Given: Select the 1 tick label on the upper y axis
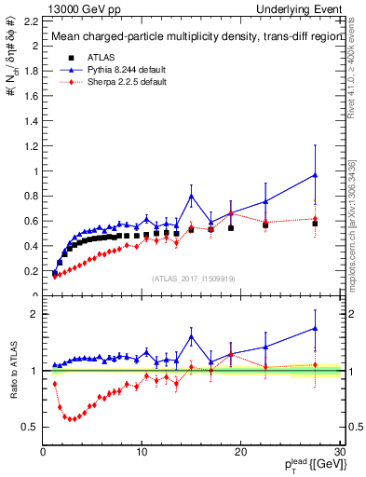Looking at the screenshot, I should pyautogui.click(x=34, y=170).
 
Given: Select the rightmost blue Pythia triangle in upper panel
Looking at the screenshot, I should pyautogui.click(x=315, y=175).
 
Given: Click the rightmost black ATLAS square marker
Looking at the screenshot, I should pyautogui.click(x=315, y=224).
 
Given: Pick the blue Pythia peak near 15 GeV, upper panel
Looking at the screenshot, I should pyautogui.click(x=191, y=196).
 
